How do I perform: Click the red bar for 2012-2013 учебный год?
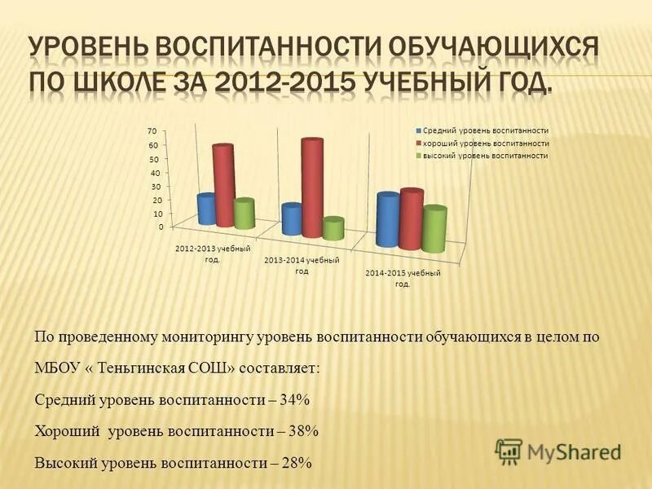tap(223, 187)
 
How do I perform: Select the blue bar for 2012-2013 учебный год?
tap(207, 210)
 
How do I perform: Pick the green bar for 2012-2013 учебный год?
tap(244, 214)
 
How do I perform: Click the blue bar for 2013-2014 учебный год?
tap(292, 221)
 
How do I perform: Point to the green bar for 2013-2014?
tap(333, 229)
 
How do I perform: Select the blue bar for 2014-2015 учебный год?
tap(388, 221)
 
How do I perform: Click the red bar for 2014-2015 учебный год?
tap(412, 220)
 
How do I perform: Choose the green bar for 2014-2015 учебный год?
tap(434, 230)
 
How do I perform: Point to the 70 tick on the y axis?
tap(152, 131)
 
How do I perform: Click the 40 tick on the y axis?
tap(152, 173)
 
